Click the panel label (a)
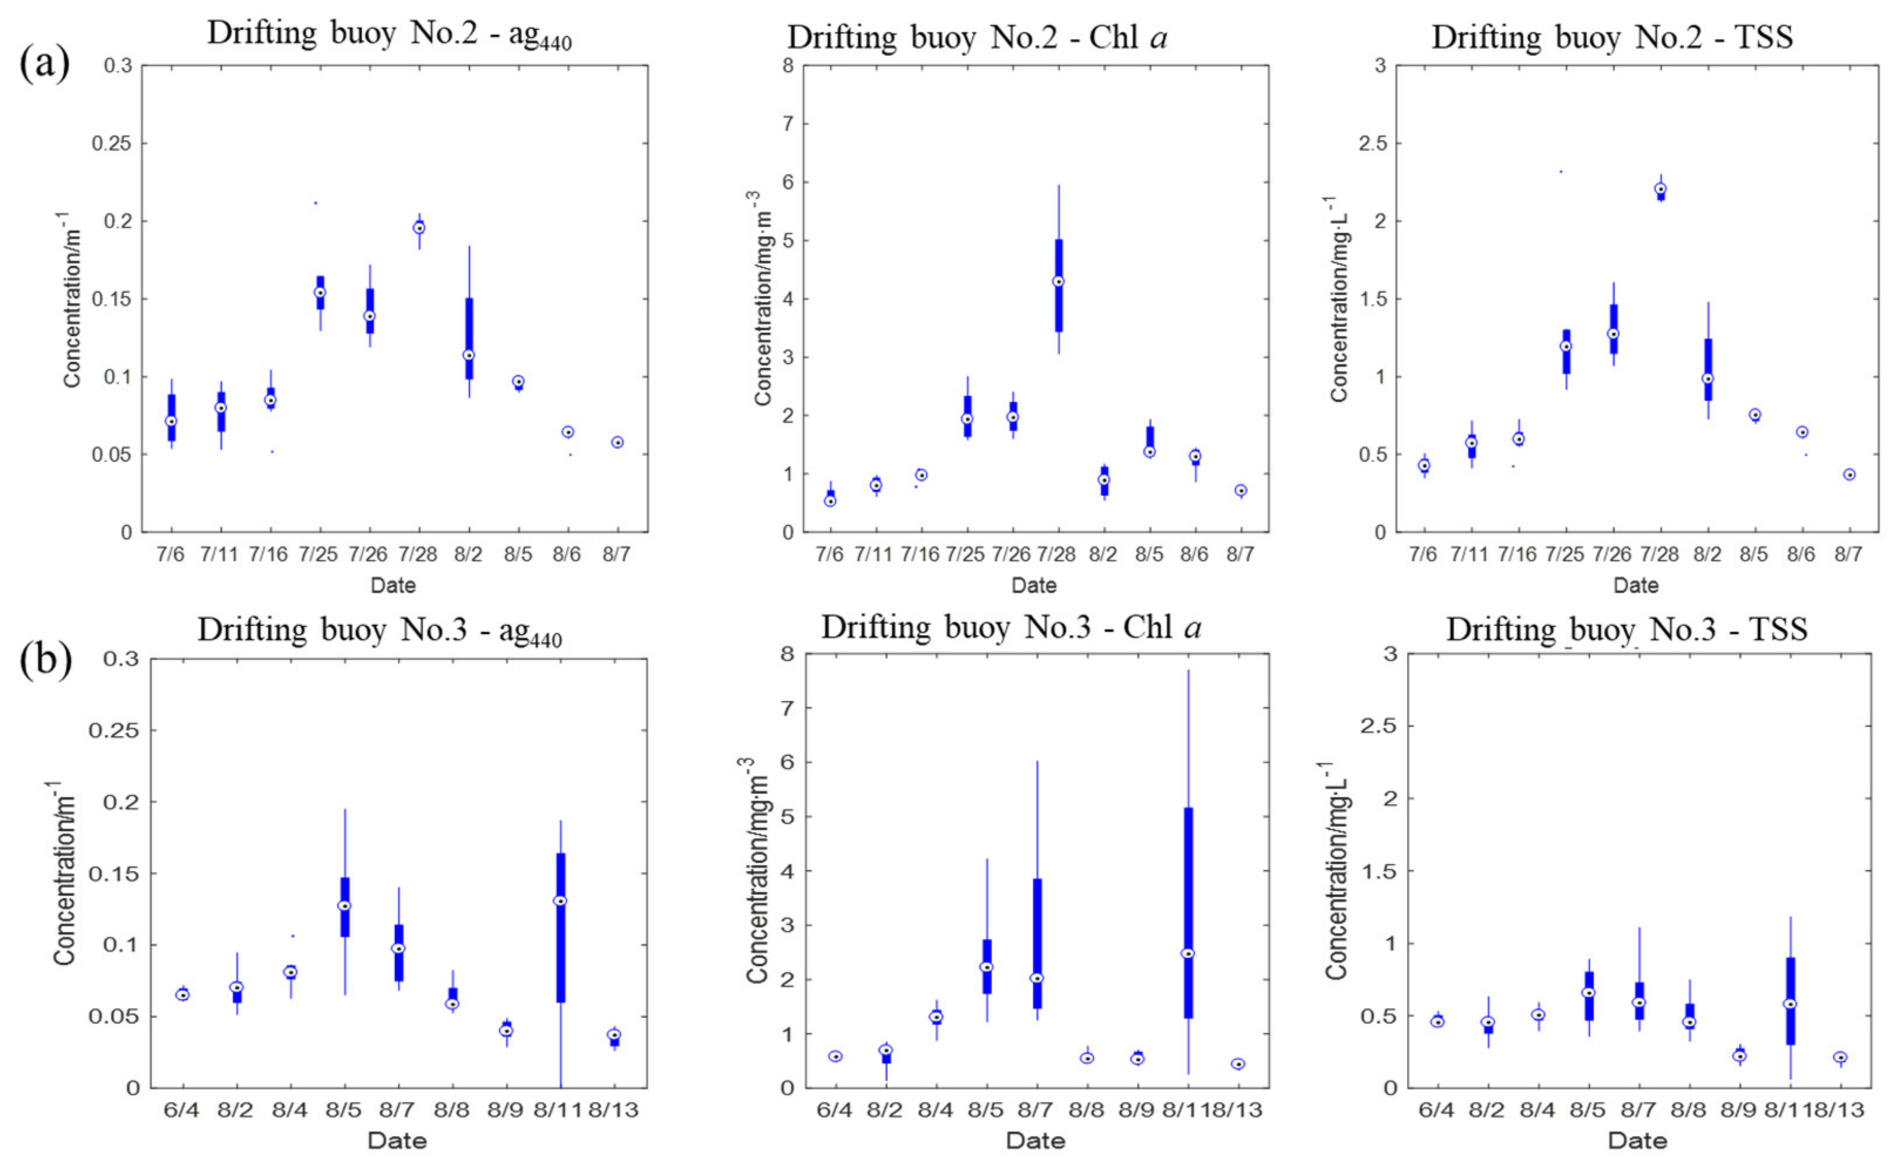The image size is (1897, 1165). pyautogui.click(x=44, y=65)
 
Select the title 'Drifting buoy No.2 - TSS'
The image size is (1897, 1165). pyautogui.click(x=1612, y=37)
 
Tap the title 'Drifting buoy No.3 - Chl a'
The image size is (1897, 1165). pyautogui.click(x=1011, y=627)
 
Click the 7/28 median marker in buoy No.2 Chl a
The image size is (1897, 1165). pyautogui.click(x=1059, y=281)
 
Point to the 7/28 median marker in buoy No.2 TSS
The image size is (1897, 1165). pyautogui.click(x=1661, y=189)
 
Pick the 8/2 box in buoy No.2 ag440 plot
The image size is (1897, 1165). pyautogui.click(x=469, y=339)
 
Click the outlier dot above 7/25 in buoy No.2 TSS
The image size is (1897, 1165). pyautogui.click(x=1561, y=172)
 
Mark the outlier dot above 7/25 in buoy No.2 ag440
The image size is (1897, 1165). pyautogui.click(x=316, y=204)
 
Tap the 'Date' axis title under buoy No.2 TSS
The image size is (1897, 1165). pyautogui.click(x=1636, y=585)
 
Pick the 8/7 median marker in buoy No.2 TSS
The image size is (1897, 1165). pyautogui.click(x=1849, y=475)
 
